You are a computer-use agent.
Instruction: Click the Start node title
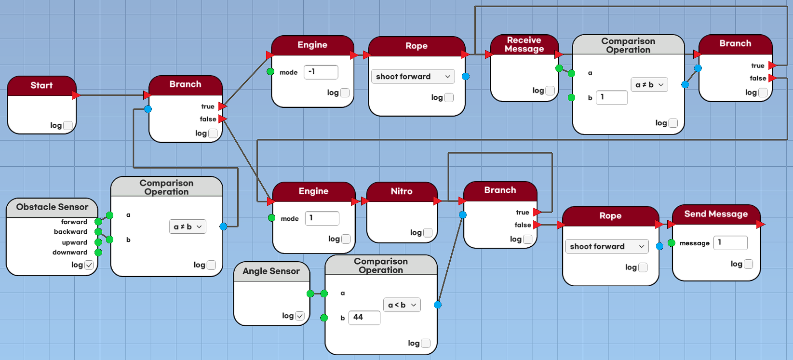coord(41,85)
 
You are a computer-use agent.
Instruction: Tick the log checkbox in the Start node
coord(68,125)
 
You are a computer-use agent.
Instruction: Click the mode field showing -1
coord(321,72)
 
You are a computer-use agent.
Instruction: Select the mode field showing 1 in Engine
coord(322,218)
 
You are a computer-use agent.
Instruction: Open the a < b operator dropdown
coord(402,305)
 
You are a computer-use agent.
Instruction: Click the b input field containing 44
coord(364,318)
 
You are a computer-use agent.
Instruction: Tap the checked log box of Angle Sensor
coord(300,316)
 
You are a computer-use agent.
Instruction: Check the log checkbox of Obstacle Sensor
coord(89,265)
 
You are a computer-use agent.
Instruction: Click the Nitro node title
coord(402,191)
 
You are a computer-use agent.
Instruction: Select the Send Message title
coord(716,214)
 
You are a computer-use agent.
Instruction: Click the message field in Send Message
coord(730,243)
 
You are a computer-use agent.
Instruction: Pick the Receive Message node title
coord(524,44)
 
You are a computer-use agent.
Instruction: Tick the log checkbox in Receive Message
coord(550,90)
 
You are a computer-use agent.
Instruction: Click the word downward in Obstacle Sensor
coord(70,252)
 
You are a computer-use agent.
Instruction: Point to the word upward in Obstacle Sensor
coord(75,242)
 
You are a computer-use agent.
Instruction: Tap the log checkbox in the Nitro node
coord(428,232)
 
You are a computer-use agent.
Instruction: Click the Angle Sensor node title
coord(271,271)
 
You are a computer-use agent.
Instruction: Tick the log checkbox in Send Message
coord(748,264)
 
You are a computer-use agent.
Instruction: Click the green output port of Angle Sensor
coord(310,293)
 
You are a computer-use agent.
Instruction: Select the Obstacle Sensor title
coord(52,207)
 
